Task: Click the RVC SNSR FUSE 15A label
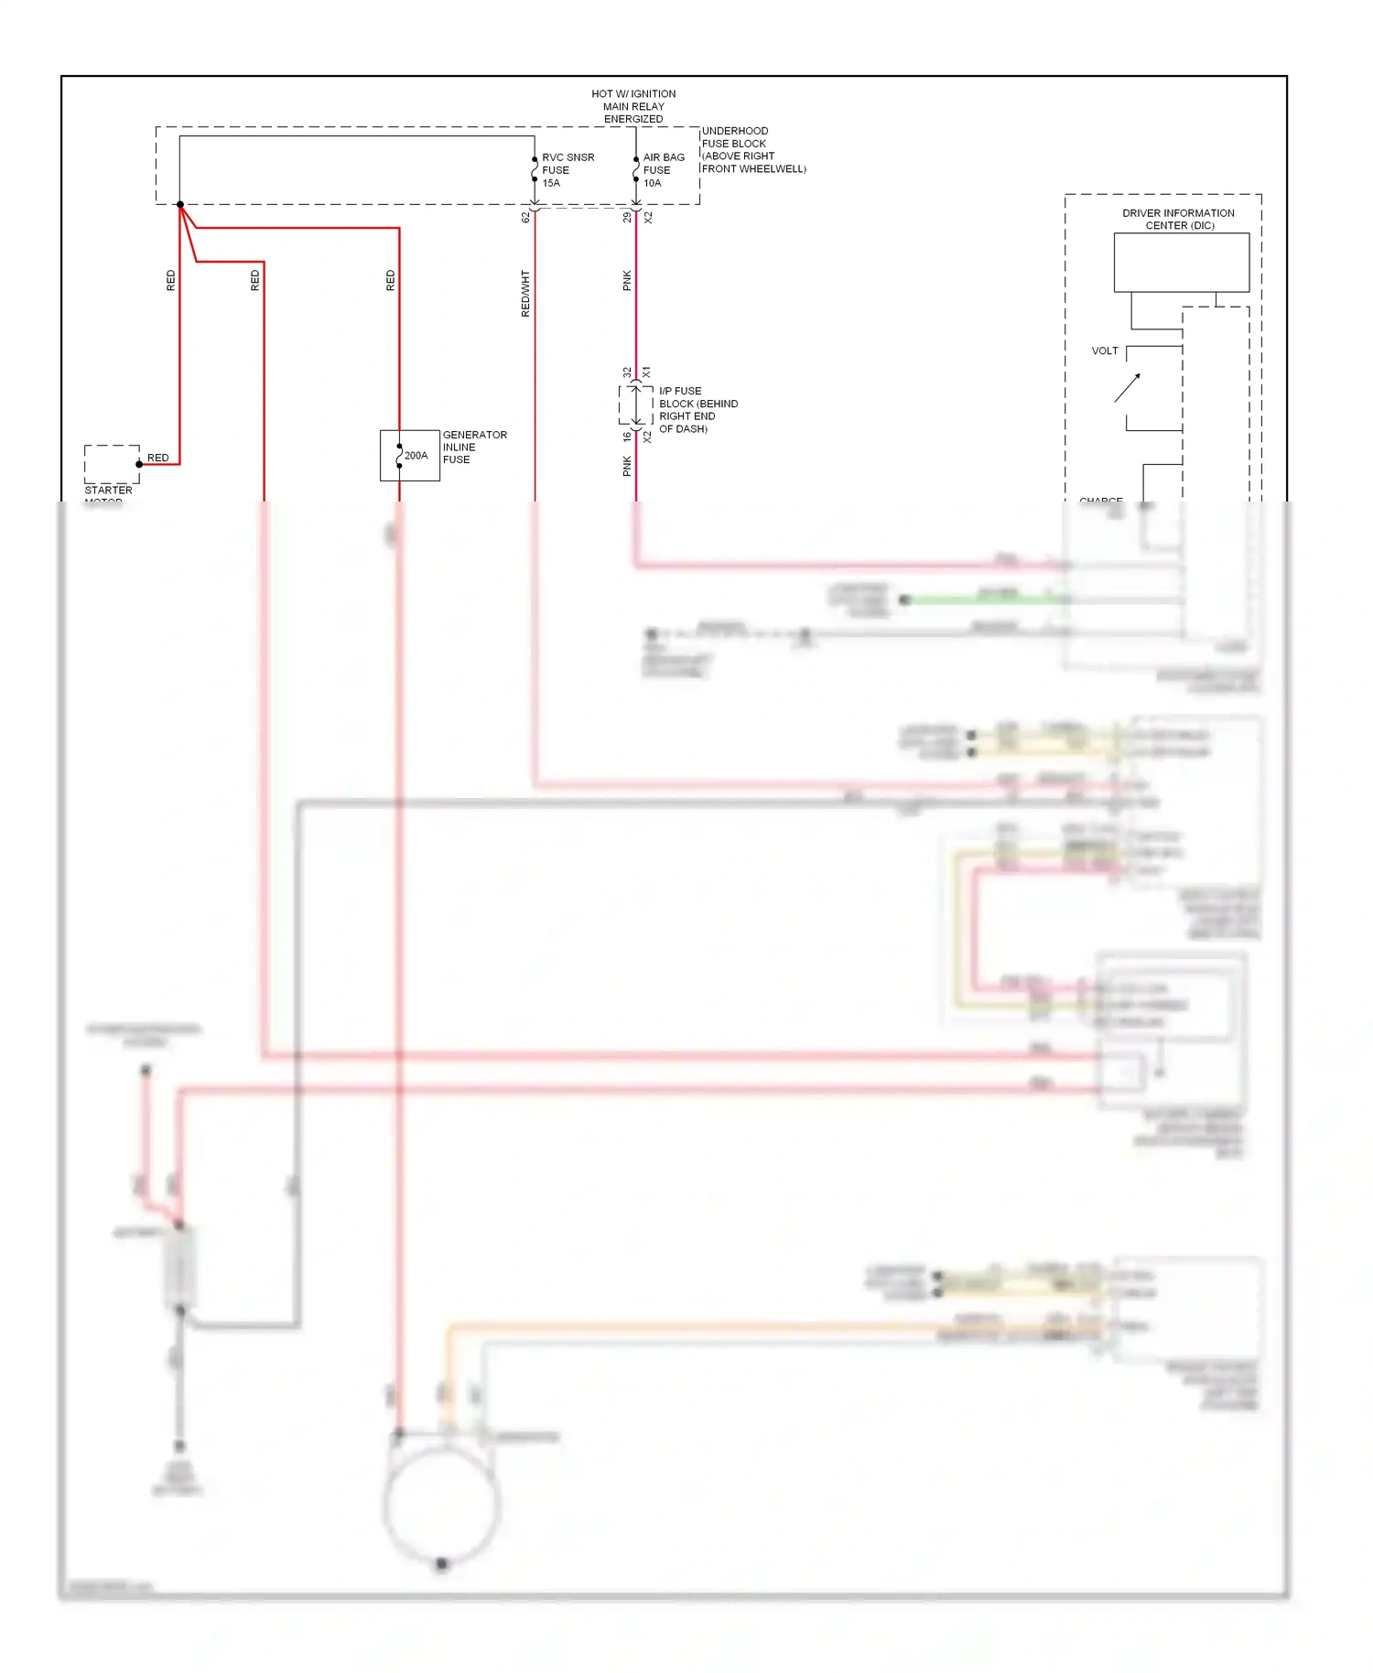pyautogui.click(x=567, y=170)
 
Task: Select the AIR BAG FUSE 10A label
pyautogui.click(x=663, y=170)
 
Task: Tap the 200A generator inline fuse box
pyautogui.click(x=409, y=456)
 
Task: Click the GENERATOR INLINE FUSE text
pyautogui.click(x=473, y=448)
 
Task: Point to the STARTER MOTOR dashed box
pyautogui.click(x=112, y=464)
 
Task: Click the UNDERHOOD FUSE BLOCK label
pyautogui.click(x=751, y=150)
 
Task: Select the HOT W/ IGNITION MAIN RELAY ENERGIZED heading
pyautogui.click(x=633, y=106)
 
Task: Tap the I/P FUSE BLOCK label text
pyautogui.click(x=697, y=410)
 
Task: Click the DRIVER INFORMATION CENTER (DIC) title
pyautogui.click(x=1179, y=219)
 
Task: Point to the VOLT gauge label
pyautogui.click(x=1104, y=351)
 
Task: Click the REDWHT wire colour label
pyautogui.click(x=525, y=294)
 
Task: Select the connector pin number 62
pyautogui.click(x=525, y=218)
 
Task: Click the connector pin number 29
pyautogui.click(x=627, y=218)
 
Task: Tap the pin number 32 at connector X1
pyautogui.click(x=627, y=372)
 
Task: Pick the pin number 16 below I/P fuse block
pyautogui.click(x=627, y=437)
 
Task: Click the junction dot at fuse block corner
pyautogui.click(x=180, y=204)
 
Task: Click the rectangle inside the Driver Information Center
pyautogui.click(x=1181, y=263)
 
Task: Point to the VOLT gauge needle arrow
pyautogui.click(x=1128, y=387)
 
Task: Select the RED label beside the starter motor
pyautogui.click(x=157, y=458)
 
